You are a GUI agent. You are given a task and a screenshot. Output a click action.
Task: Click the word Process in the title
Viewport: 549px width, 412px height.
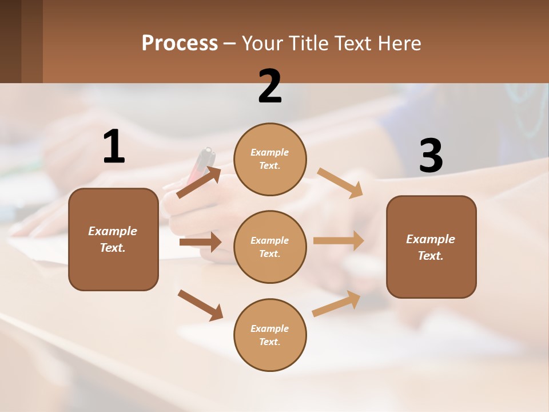point(180,43)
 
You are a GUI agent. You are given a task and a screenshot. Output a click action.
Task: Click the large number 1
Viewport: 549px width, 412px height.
point(114,147)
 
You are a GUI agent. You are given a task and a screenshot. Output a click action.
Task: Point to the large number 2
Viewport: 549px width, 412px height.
point(270,86)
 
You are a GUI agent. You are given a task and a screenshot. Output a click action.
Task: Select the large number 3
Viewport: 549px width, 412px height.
point(431,156)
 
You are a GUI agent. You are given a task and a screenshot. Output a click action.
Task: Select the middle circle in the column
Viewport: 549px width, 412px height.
point(270,247)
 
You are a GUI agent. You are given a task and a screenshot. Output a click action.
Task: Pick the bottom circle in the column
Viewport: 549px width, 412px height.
point(270,335)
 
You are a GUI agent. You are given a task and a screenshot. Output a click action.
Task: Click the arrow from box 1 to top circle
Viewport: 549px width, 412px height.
point(199,183)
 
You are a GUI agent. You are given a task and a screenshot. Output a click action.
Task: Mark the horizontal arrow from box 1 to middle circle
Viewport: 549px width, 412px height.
point(200,242)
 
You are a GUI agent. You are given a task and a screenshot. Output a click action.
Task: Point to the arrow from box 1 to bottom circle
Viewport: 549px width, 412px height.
point(200,305)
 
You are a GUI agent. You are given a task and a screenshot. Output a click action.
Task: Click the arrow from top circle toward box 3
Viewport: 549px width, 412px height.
point(340,183)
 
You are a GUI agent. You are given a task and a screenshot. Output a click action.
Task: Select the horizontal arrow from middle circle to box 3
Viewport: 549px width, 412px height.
point(339,240)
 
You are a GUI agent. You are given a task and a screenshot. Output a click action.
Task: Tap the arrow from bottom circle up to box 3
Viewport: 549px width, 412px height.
point(336,304)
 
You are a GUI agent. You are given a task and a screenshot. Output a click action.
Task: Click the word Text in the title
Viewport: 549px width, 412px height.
point(354,43)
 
